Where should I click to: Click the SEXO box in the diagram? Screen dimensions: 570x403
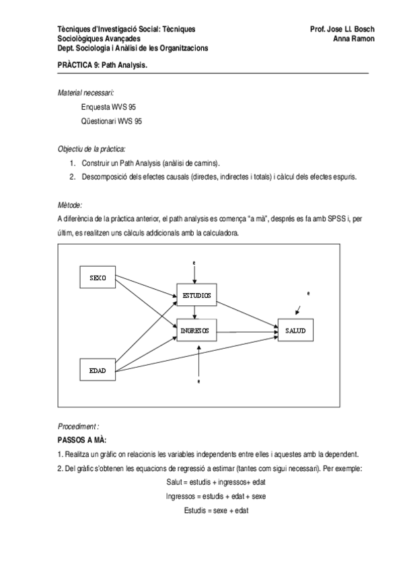98,278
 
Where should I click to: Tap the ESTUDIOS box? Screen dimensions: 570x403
196,294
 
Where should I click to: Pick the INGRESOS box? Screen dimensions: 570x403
196,330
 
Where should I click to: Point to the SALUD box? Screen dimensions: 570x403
295,330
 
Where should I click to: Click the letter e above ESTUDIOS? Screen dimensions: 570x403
194,261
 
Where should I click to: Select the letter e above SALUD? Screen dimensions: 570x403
307,294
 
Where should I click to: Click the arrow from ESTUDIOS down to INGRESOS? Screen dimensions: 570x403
195,311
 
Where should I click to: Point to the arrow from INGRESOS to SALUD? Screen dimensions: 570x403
246,331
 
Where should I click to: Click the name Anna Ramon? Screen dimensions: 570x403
354,39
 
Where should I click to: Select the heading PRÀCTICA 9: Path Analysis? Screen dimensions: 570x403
103,66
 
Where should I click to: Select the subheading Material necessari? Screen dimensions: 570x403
86,93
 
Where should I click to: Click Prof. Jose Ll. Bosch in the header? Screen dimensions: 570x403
342,30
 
